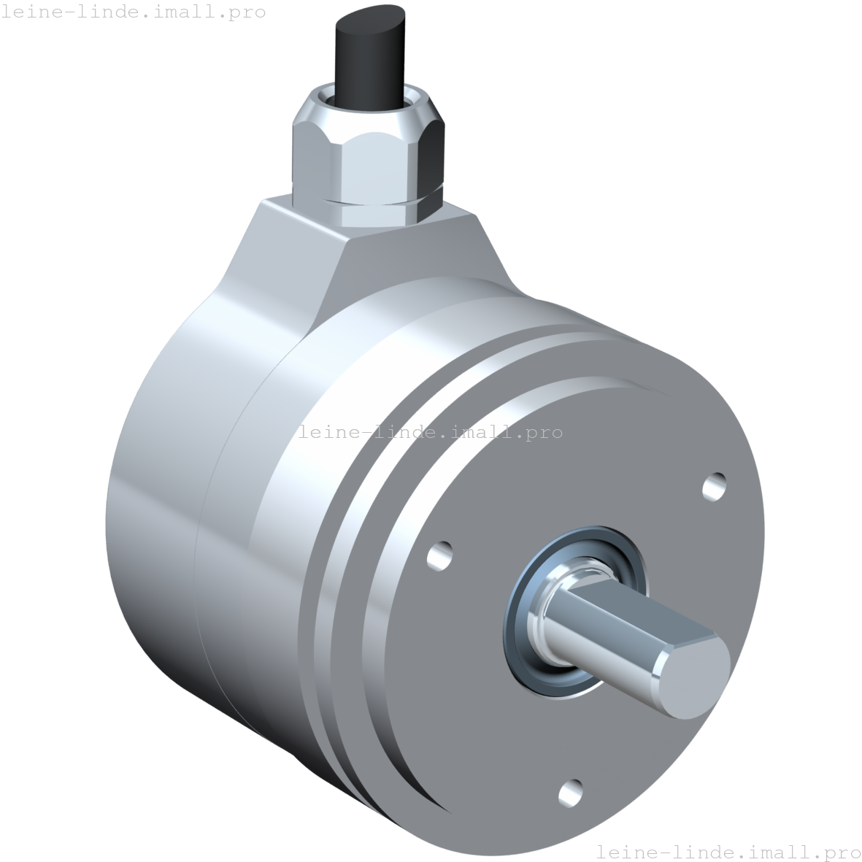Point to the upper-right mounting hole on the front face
click(x=714, y=486)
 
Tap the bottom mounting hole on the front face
click(x=570, y=790)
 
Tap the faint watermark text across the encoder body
click(x=430, y=432)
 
